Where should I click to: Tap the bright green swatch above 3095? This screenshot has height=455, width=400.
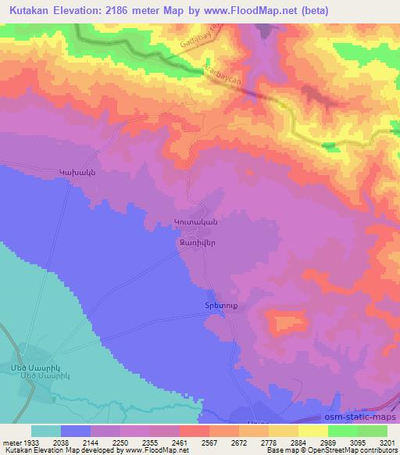coord(342,431)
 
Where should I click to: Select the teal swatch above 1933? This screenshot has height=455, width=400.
coord(46,431)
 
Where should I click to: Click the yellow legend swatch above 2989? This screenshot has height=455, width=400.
coord(312,431)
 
